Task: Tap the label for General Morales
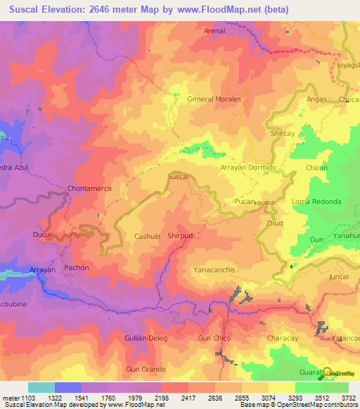214,99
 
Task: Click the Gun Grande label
146,369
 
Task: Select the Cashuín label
148,237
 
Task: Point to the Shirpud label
180,237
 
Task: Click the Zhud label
274,223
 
